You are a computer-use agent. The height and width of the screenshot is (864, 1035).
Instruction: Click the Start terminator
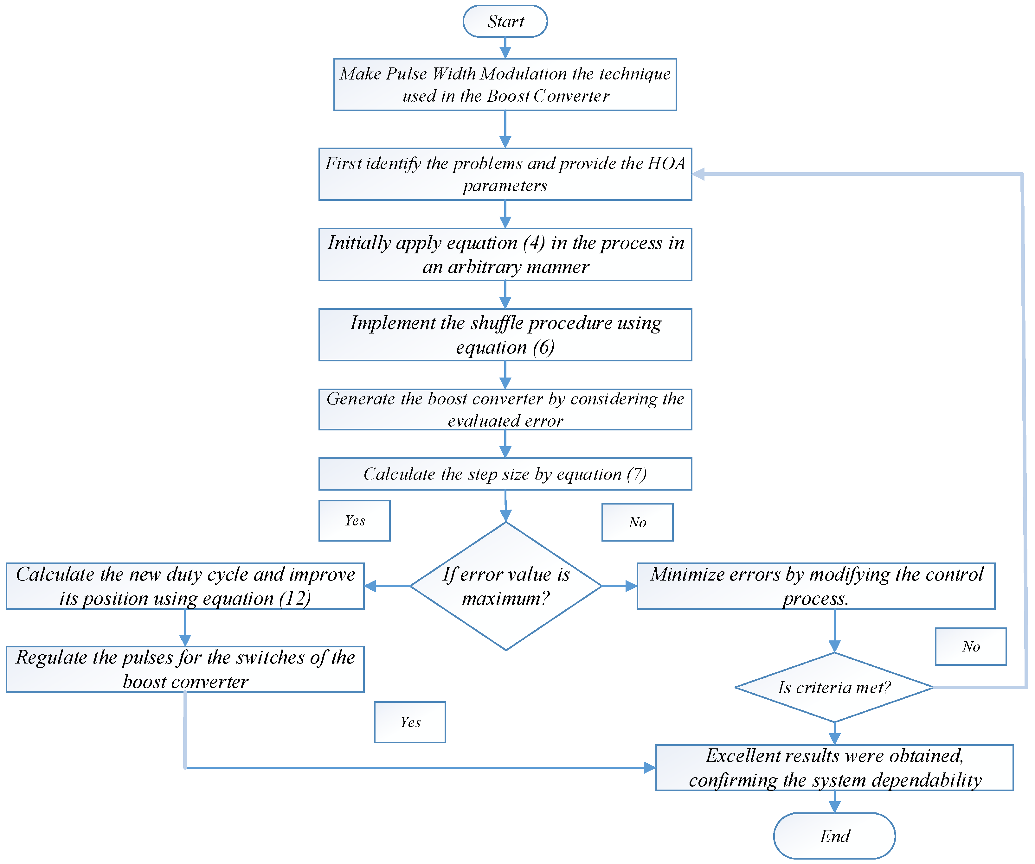tap(505, 21)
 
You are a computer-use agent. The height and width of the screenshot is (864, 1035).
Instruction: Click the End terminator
tap(834, 836)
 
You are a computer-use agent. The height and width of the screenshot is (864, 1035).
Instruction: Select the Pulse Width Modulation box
tap(505, 84)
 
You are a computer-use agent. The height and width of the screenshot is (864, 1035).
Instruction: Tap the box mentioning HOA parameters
tap(505, 174)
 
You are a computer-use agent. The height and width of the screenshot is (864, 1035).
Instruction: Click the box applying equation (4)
tap(505, 254)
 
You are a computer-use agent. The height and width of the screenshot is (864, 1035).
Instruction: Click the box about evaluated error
tap(505, 409)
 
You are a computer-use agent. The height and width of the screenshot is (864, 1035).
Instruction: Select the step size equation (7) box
tap(505, 474)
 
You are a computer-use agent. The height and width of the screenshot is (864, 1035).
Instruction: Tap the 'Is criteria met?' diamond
tap(834, 687)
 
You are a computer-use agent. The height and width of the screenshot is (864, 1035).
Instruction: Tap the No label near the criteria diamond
tap(970, 646)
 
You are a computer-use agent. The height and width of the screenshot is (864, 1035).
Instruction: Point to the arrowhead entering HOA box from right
tap(698, 174)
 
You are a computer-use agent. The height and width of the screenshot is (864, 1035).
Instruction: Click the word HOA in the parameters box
tap(666, 163)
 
